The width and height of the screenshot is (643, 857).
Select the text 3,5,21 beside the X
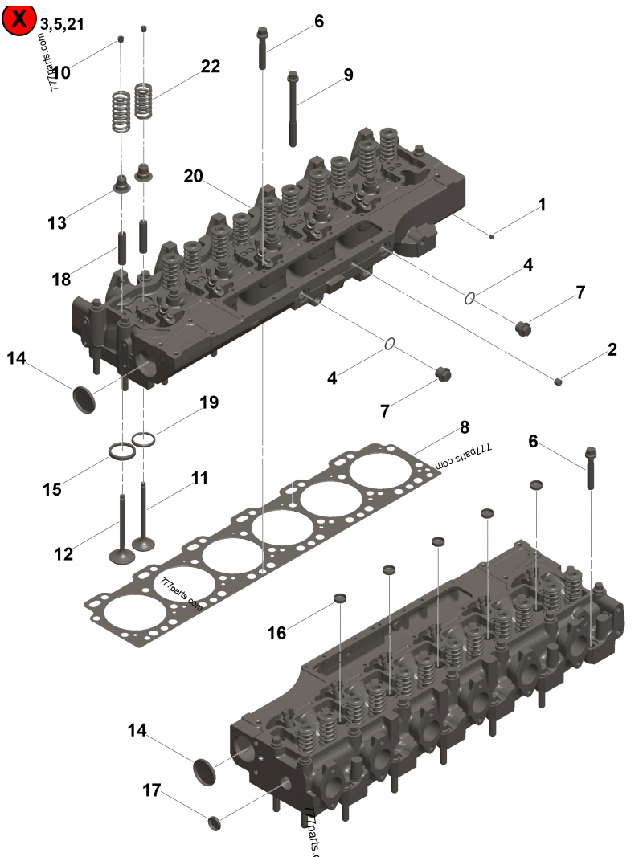pyautogui.click(x=61, y=24)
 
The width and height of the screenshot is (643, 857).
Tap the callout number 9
pyautogui.click(x=348, y=75)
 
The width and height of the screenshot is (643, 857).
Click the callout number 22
pyautogui.click(x=210, y=67)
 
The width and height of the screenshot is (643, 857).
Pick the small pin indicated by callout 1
pyautogui.click(x=492, y=235)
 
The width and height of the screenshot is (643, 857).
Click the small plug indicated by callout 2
pyautogui.click(x=559, y=380)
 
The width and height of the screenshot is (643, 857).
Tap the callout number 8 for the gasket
pyautogui.click(x=465, y=427)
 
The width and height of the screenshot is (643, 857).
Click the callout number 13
pyautogui.click(x=57, y=222)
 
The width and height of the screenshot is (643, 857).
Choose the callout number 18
pyautogui.click(x=60, y=280)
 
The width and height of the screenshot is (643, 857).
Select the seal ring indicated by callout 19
pyautogui.click(x=144, y=439)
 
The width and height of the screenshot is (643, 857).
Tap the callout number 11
pyautogui.click(x=199, y=479)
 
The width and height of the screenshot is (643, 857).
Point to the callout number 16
pyautogui.click(x=276, y=633)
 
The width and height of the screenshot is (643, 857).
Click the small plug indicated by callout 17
pyautogui.click(x=214, y=822)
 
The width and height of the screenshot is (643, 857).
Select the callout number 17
pyautogui.click(x=152, y=790)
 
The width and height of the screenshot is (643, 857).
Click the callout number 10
pyautogui.click(x=61, y=73)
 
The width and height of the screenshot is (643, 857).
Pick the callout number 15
pyautogui.click(x=52, y=488)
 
